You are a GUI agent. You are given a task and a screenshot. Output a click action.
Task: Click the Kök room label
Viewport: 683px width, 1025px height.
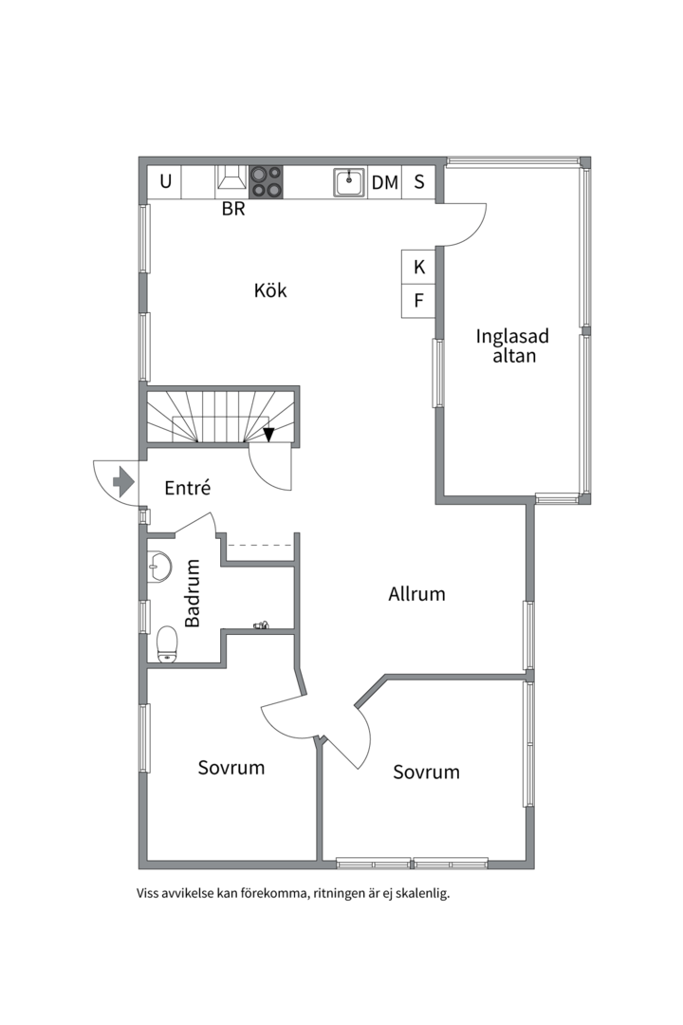coord(270,290)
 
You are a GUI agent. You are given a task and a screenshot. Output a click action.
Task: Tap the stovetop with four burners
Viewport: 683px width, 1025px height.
coord(266,181)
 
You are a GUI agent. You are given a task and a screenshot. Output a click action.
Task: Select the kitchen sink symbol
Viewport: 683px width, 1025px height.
coord(349,182)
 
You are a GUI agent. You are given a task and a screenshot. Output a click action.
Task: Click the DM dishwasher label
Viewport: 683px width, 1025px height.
coord(385,182)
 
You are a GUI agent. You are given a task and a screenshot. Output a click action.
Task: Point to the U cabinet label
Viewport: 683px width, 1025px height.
coord(166,181)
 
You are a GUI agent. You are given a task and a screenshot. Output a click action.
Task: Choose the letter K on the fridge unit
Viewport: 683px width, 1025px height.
coord(419,267)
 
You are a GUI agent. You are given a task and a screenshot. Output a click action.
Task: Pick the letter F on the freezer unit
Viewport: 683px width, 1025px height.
coord(419,300)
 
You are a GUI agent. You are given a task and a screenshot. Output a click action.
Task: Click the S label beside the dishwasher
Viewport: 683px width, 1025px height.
coord(419,181)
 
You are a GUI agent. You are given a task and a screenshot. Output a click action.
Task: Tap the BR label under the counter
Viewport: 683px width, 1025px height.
coord(233,209)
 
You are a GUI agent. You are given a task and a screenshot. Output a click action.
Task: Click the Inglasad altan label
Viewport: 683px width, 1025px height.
coord(512,345)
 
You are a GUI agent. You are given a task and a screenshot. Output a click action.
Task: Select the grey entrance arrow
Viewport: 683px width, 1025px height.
coord(123,482)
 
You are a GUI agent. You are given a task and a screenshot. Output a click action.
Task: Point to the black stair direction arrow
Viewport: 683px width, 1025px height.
coord(268,434)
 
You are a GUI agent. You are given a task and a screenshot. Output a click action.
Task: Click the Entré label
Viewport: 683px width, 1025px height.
coord(188,488)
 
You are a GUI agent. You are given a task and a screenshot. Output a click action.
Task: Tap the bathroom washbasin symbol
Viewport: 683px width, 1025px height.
coord(159,566)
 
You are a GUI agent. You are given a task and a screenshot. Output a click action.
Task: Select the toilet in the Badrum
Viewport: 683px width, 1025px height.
coord(167,644)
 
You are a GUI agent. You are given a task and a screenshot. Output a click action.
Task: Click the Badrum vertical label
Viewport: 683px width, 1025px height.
coord(193,593)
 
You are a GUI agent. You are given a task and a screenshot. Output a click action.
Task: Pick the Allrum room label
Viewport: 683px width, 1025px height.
coord(417,593)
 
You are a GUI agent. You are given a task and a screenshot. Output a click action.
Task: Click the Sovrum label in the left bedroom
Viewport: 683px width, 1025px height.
coord(231,768)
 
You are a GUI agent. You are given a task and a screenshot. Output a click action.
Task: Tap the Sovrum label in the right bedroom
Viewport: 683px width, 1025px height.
coord(426,772)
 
